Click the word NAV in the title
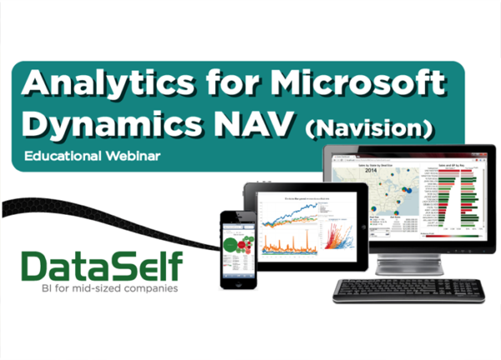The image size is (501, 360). (256, 124)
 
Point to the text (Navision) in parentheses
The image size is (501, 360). (370, 128)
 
